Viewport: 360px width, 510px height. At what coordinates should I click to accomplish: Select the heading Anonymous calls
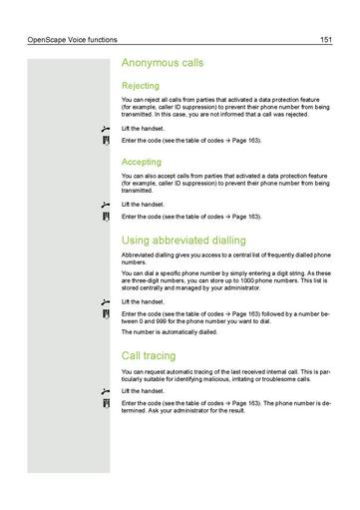tap(163, 63)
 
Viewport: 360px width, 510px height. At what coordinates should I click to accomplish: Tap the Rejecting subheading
tap(141, 87)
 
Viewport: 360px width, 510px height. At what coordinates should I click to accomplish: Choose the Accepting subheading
tap(142, 161)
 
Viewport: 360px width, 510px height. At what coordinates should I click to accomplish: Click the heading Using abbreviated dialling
tap(183, 241)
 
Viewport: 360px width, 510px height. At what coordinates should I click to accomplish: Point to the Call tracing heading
tap(149, 355)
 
